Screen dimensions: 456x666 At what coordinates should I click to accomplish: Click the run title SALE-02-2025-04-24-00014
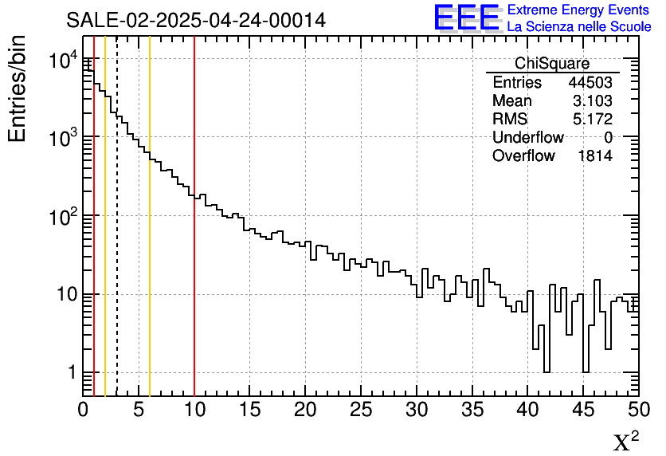coord(196,20)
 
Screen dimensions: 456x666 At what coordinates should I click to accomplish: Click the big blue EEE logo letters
coord(466,18)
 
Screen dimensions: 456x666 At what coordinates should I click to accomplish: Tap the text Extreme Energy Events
coord(578,10)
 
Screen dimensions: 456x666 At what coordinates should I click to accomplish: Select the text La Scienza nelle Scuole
coord(578,27)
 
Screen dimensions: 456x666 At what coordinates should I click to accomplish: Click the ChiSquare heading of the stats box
coord(552,64)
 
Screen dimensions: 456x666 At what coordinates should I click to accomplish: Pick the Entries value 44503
coord(590,83)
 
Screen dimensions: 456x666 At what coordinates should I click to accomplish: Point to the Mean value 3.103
coord(592,101)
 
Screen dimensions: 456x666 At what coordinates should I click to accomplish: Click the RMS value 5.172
coord(592,120)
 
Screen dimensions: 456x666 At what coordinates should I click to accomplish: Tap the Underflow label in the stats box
coord(527,138)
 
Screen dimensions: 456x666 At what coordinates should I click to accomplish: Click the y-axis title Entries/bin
coord(18,88)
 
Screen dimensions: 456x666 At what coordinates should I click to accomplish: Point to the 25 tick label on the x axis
coord(362,410)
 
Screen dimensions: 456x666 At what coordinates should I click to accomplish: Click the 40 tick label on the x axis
coord(528,410)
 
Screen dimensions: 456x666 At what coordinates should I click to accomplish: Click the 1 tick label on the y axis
coord(69,373)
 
